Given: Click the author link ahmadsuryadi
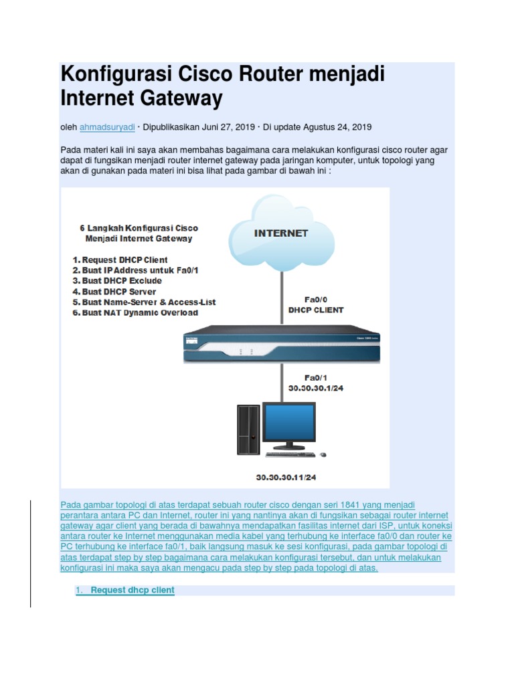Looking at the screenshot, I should click(x=106, y=126).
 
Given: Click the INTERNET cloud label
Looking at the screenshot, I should click(x=281, y=233).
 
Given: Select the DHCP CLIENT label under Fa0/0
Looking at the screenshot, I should click(x=316, y=310).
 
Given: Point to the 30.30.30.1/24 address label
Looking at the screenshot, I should click(x=315, y=387).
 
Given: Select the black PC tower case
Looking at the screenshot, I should click(x=248, y=429).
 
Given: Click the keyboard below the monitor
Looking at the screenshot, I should click(x=291, y=454).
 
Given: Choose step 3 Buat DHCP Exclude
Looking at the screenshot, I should click(x=118, y=281).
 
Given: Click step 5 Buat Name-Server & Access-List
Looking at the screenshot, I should click(x=145, y=302).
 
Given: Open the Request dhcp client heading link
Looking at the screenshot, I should click(x=133, y=590).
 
